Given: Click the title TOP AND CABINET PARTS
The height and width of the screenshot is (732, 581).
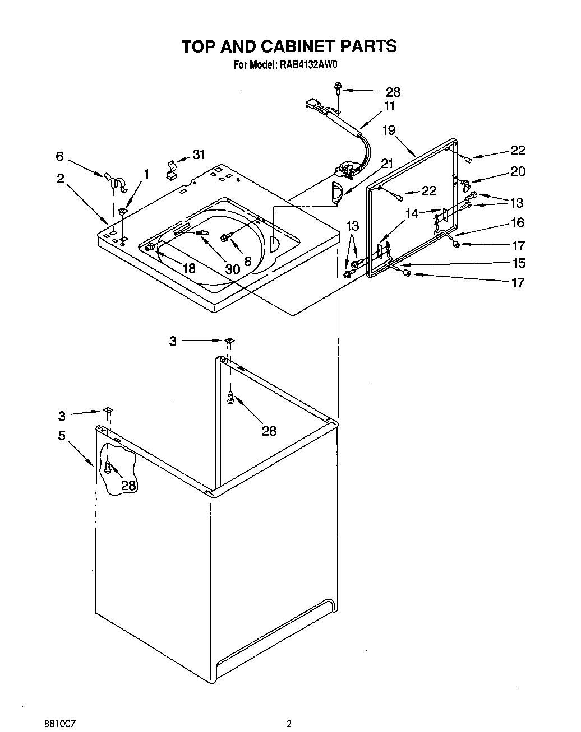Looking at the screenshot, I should click(289, 46).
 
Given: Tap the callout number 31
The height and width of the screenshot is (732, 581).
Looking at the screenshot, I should click(199, 155).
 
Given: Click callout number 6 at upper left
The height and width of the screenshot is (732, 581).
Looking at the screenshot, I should click(59, 157).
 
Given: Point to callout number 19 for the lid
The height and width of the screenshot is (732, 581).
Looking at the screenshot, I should click(389, 130).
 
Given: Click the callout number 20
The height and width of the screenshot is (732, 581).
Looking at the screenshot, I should click(517, 171).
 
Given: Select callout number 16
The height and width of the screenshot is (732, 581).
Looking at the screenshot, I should click(517, 223).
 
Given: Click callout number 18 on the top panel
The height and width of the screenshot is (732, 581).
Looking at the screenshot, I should click(189, 268).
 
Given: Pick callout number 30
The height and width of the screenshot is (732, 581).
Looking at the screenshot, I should click(232, 269).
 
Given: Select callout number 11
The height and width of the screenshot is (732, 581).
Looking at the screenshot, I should click(389, 106).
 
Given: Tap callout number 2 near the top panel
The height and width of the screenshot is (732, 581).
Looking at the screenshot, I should click(60, 179).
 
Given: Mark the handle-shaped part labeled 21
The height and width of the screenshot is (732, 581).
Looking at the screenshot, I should click(335, 190).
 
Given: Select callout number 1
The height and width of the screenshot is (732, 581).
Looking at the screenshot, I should click(146, 174).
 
